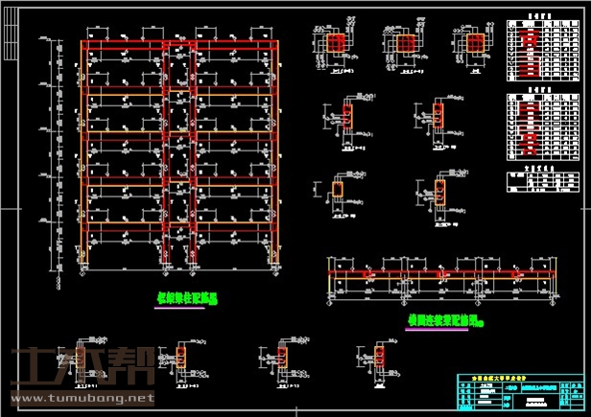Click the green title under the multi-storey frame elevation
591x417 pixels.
188,298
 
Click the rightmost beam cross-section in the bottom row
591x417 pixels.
384,356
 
